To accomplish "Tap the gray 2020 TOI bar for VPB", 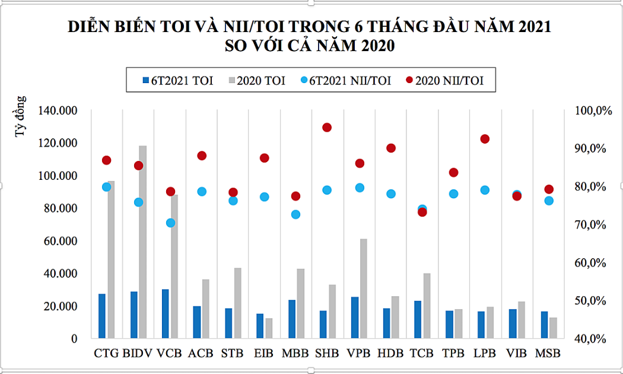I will tap(363, 289).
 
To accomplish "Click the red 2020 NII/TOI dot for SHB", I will tap(327, 128).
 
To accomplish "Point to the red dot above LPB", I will tap(485, 139).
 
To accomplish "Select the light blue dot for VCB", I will tap(170, 223).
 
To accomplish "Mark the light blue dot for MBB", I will tap(295, 214).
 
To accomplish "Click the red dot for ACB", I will tap(201, 156).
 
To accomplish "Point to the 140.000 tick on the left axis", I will tap(58, 110).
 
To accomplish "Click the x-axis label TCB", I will tap(422, 353).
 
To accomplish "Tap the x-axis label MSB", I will tap(548, 353).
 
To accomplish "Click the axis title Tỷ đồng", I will tap(21, 115).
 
